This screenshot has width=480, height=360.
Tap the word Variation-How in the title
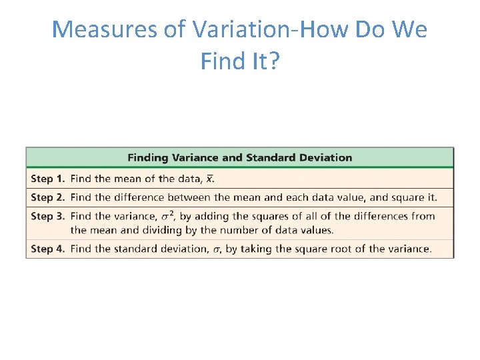click(x=245, y=30)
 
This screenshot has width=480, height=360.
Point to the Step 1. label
click(x=47, y=179)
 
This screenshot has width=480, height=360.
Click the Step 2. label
click(x=47, y=197)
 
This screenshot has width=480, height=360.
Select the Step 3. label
click(x=47, y=216)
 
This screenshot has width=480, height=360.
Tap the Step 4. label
click(x=47, y=249)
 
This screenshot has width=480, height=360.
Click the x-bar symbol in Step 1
click(x=210, y=179)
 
